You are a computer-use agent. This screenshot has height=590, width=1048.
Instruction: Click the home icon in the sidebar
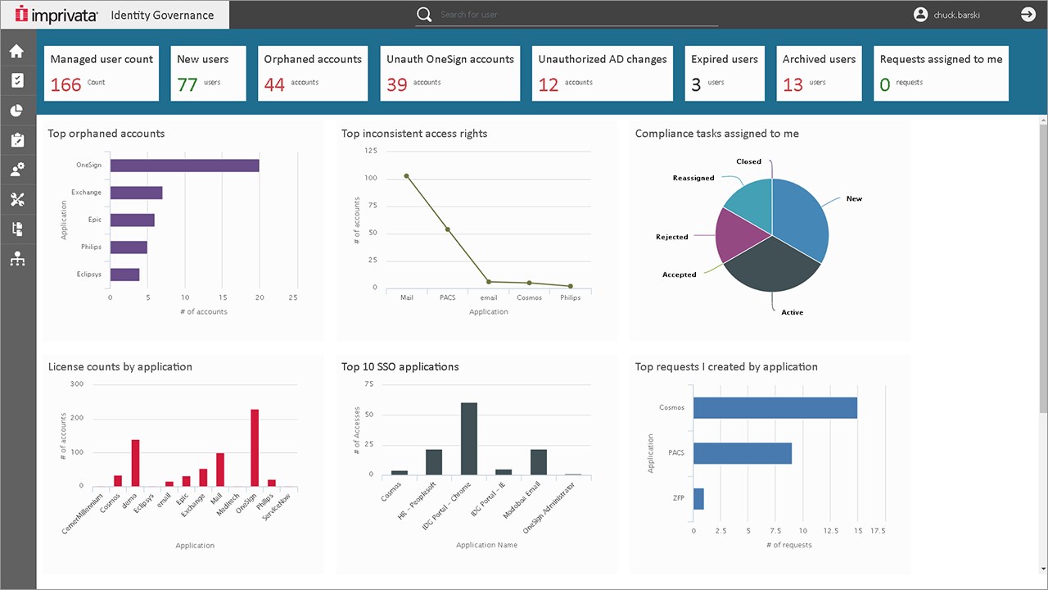click(x=16, y=52)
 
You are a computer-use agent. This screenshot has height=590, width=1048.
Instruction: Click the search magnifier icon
click(x=423, y=14)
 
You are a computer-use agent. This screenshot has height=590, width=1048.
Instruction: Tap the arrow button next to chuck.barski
click(x=1028, y=14)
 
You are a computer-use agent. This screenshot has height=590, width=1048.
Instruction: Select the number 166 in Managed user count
click(x=66, y=84)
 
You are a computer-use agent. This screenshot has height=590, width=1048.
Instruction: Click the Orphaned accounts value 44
click(x=274, y=84)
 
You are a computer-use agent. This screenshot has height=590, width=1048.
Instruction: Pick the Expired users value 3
click(x=696, y=84)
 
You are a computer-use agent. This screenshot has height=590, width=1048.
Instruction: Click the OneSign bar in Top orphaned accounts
click(x=184, y=166)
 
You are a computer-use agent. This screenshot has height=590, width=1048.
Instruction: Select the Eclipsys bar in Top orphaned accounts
click(x=124, y=275)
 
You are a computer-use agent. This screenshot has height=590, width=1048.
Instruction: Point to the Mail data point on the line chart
click(x=406, y=175)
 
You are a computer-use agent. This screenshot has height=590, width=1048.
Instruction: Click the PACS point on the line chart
click(x=447, y=229)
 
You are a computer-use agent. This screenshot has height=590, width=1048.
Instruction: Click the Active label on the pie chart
click(x=792, y=312)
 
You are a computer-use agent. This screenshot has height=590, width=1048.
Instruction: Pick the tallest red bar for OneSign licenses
click(x=255, y=447)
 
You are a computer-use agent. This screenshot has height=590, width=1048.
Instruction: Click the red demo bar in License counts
click(x=135, y=463)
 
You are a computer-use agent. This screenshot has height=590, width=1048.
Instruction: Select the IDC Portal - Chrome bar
click(x=469, y=438)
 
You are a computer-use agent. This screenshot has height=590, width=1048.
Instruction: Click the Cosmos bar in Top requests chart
click(x=775, y=408)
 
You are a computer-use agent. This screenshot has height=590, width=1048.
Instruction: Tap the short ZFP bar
click(x=698, y=498)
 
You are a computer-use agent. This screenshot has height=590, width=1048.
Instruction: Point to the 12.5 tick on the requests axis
click(x=829, y=531)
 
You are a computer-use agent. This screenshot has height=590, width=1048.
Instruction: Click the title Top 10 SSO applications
click(x=400, y=366)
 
